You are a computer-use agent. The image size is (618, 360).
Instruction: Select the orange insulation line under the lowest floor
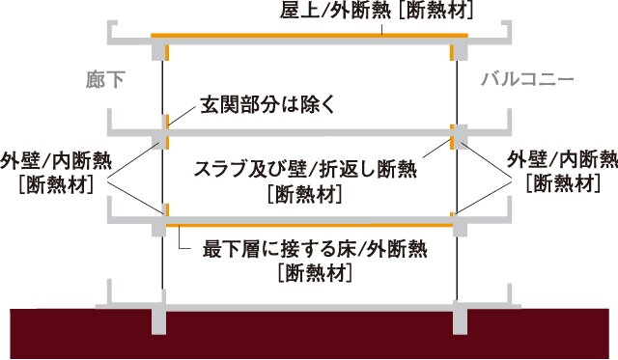[x=309, y=226]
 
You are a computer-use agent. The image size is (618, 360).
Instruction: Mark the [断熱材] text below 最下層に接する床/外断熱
[x=313, y=272]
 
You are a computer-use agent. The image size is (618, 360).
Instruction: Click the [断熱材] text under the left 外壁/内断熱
[x=54, y=182]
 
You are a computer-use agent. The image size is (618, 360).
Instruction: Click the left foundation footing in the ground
[x=161, y=318]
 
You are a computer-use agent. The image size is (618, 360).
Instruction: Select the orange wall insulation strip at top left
[x=166, y=51]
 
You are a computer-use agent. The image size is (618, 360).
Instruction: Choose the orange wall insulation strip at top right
[x=452, y=51]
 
